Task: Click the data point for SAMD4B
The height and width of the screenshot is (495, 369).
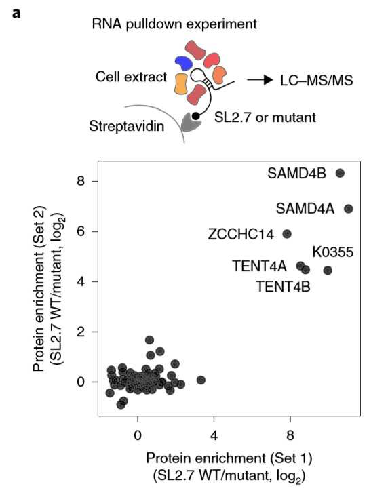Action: [340, 173]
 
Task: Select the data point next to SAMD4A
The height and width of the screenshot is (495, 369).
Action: [348, 209]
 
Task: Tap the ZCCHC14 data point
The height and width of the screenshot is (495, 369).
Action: [287, 234]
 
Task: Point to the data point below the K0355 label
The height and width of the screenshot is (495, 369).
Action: [328, 271]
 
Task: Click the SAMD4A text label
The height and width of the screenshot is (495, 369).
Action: [305, 209]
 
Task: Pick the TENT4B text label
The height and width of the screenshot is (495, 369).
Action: [283, 287]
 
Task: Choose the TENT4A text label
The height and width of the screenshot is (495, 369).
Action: [260, 266]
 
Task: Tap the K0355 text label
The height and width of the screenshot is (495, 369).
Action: [333, 252]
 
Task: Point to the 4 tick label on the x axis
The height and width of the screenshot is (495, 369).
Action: [214, 435]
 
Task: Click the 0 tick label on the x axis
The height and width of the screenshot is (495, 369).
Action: [138, 435]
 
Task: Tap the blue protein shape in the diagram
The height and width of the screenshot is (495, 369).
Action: [183, 62]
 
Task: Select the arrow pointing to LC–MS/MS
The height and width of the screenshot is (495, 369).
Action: [260, 80]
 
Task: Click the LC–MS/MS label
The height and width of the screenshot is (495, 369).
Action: [317, 81]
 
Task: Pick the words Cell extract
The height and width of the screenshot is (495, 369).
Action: [131, 77]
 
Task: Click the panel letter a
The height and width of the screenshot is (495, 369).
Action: [16, 14]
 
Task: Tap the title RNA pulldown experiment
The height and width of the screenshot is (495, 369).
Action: [174, 24]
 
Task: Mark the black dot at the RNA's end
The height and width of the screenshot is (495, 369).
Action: [196, 116]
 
